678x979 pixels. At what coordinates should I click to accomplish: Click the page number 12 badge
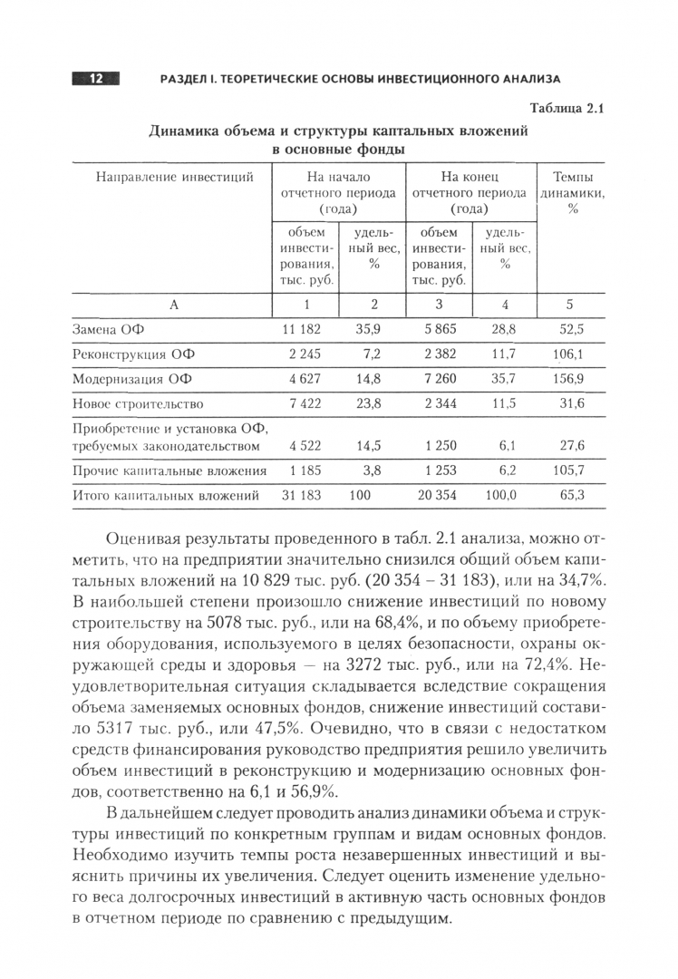tap(95, 79)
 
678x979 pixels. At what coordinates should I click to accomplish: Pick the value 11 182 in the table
tap(302, 329)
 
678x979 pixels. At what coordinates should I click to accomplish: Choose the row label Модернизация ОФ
tap(132, 378)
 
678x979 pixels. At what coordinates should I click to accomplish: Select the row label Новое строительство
tap(137, 403)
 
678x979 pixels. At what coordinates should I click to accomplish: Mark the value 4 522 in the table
tap(305, 445)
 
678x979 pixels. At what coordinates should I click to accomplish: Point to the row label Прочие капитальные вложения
tap(169, 470)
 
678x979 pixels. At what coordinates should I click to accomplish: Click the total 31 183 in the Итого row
tap(302, 495)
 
